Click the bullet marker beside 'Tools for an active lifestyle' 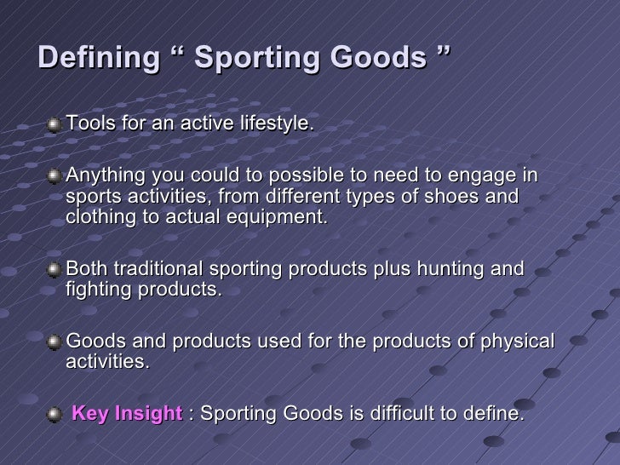(55, 124)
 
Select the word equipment (281, 217)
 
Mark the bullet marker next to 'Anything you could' (55, 177)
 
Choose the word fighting (96, 290)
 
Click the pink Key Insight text (127, 415)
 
